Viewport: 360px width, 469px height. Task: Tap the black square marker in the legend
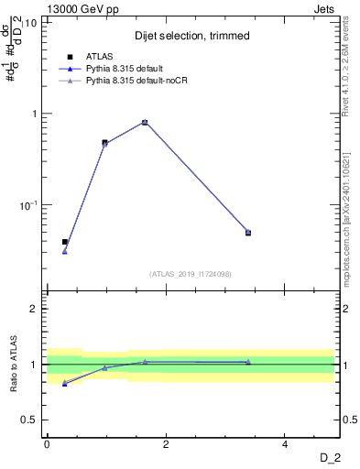coord(71,56)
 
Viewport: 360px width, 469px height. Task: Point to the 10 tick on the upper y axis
coord(32,23)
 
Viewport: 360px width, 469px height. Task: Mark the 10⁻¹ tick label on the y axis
coord(28,205)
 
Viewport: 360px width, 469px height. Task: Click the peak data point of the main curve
coord(145,122)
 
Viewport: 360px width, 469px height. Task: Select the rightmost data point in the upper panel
coord(248,233)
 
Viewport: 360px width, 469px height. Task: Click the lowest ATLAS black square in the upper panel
coord(64,242)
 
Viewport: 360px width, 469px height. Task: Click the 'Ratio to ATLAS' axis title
coord(13,365)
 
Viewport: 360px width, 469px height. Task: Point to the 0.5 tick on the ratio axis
coord(29,420)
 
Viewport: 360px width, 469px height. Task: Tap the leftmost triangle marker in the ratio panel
coord(64,383)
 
